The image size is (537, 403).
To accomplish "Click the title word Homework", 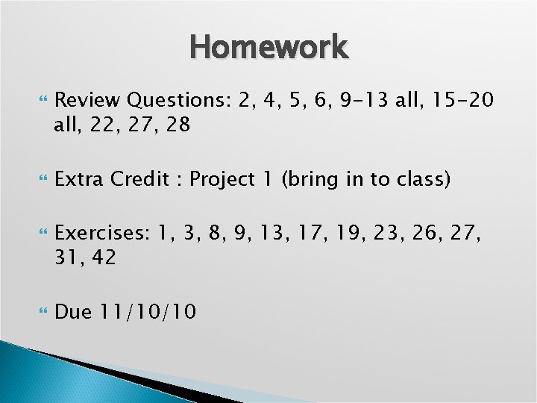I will [x=268, y=47].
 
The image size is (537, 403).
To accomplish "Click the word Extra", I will [x=79, y=180].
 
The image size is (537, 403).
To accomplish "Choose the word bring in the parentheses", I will [x=309, y=180].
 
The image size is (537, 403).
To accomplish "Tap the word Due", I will [x=72, y=312].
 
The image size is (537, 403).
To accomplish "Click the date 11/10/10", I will [x=147, y=312].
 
